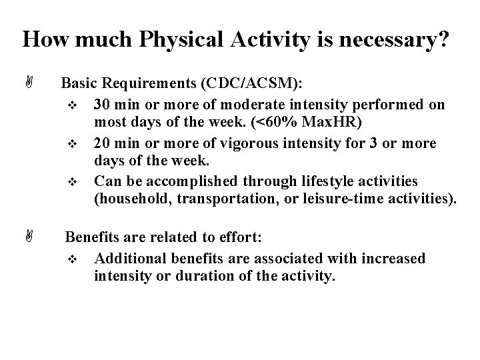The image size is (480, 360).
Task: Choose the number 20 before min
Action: click(103, 143)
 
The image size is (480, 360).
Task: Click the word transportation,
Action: click(227, 200)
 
